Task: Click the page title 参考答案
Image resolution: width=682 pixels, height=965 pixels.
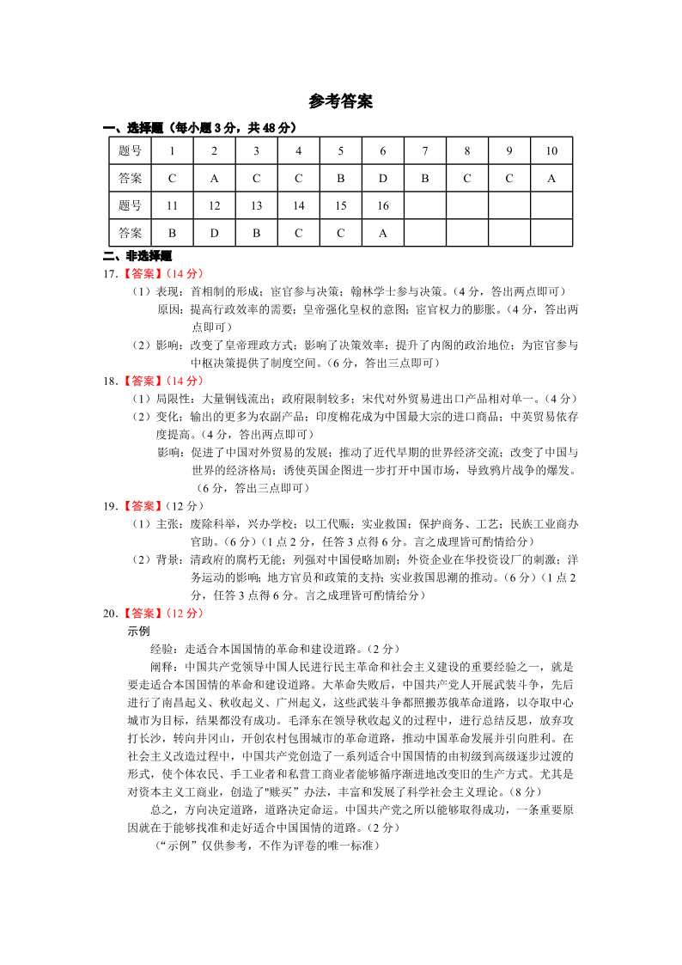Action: tap(340, 102)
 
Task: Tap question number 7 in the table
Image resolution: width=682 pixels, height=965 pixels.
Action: tap(424, 151)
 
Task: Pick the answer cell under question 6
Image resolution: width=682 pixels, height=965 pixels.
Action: tap(382, 179)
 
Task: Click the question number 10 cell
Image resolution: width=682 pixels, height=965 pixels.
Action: tap(551, 151)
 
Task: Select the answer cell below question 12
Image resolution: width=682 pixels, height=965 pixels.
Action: tap(214, 232)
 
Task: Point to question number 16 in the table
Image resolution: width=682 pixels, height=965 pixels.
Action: tap(382, 205)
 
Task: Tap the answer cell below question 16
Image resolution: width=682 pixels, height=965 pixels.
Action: tap(382, 232)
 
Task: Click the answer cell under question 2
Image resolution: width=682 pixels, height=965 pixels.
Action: tap(214, 179)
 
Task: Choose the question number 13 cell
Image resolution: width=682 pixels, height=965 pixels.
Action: tap(256, 205)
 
